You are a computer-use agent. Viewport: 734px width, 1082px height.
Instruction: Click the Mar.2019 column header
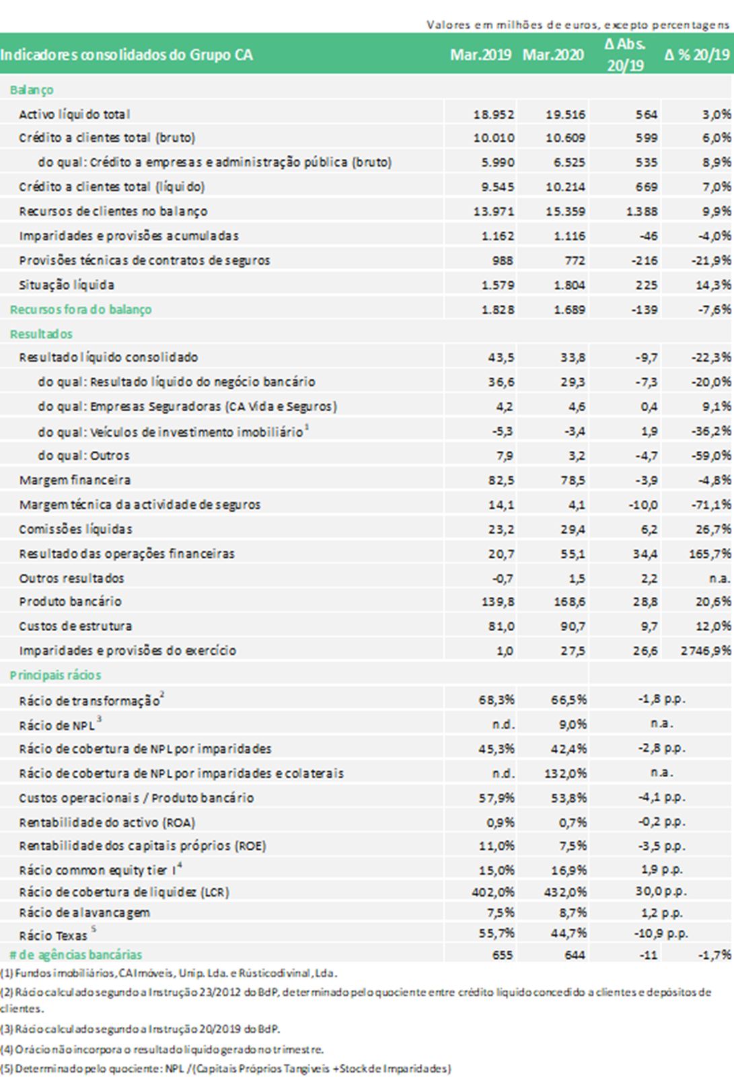pyautogui.click(x=480, y=55)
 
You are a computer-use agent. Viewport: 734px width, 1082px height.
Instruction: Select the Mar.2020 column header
pyautogui.click(x=553, y=55)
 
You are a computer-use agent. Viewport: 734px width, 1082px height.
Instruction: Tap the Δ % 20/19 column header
pyautogui.click(x=697, y=55)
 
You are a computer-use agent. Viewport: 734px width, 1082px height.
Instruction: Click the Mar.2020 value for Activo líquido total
pyautogui.click(x=565, y=114)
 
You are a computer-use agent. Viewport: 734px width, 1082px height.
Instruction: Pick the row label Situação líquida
pyautogui.click(x=66, y=285)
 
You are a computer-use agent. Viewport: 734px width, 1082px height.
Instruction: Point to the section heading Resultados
pyautogui.click(x=41, y=334)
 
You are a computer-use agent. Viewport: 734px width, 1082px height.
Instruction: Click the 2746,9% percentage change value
pyautogui.click(x=705, y=651)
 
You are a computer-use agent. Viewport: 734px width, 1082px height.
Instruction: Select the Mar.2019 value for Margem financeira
pyautogui.click(x=501, y=480)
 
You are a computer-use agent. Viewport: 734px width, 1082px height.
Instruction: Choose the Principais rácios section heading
pyautogui.click(x=55, y=675)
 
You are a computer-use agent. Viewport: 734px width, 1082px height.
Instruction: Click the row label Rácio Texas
pyautogui.click(x=53, y=935)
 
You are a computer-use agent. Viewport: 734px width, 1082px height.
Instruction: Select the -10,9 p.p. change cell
pyautogui.click(x=661, y=933)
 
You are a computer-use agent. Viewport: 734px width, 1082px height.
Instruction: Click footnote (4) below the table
pyautogui.click(x=162, y=1049)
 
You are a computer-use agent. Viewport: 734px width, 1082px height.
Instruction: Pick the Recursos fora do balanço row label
pyautogui.click(x=81, y=310)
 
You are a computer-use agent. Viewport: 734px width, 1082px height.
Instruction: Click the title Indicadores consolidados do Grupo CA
pyautogui.click(x=126, y=55)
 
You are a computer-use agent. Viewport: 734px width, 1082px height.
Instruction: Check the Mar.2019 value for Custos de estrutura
pyautogui.click(x=501, y=626)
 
